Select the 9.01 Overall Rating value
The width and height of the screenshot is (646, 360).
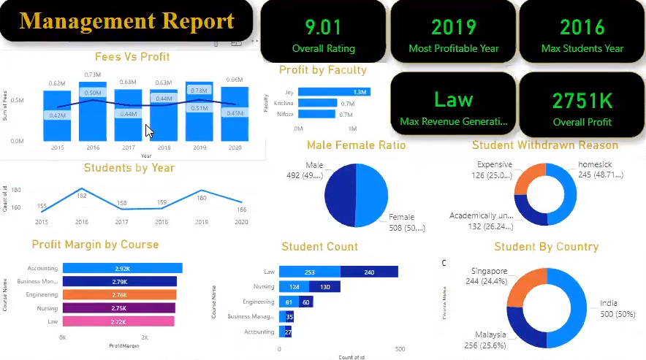tap(323, 28)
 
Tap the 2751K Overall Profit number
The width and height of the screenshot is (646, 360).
tap(582, 100)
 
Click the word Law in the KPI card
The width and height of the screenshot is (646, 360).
tap(453, 99)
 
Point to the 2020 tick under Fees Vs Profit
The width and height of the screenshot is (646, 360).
tap(235, 148)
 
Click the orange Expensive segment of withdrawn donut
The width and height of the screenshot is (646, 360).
tap(528, 182)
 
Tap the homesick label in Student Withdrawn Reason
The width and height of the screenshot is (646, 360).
tap(595, 164)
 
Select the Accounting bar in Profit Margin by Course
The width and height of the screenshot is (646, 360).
tap(122, 269)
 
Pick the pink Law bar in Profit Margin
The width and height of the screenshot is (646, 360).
tap(118, 321)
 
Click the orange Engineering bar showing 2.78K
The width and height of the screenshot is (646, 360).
tap(119, 295)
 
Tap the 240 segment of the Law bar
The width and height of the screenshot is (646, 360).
tap(369, 272)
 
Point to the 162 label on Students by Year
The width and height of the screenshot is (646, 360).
tap(82, 196)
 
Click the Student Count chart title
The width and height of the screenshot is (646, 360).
tap(319, 247)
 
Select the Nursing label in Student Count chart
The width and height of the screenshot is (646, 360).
tap(263, 287)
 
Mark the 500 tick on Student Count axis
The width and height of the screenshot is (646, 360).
tap(400, 350)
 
